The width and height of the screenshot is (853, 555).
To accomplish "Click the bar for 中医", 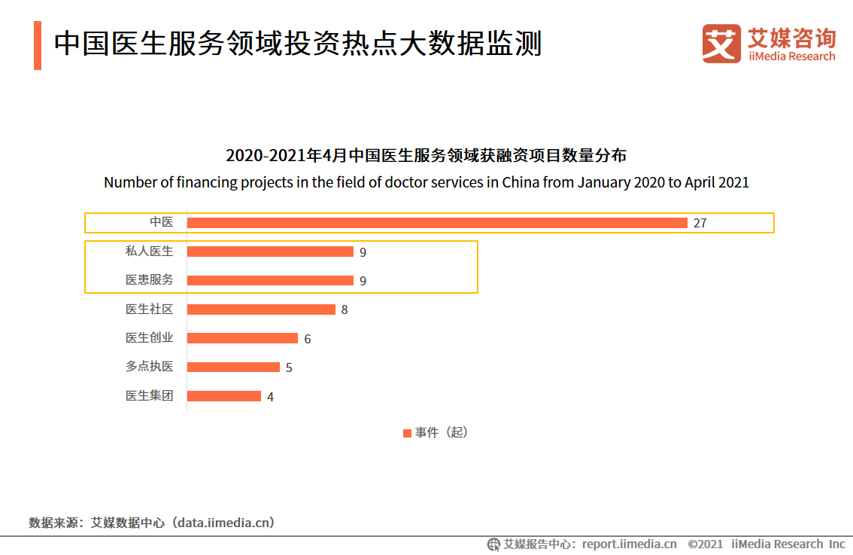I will tap(437, 223).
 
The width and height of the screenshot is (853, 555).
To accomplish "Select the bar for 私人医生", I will tap(270, 252).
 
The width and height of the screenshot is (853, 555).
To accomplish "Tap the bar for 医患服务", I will tap(270, 280).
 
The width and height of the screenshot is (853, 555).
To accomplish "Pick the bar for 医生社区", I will tap(261, 310).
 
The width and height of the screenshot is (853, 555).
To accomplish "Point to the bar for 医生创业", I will tap(242, 338).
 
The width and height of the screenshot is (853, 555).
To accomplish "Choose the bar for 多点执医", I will tap(233, 367).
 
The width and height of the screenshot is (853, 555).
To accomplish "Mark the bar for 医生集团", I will tap(224, 396).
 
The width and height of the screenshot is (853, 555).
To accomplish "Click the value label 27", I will tap(700, 224).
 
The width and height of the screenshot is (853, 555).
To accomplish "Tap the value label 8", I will tap(345, 310).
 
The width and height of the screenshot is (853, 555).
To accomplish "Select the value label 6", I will tap(308, 339).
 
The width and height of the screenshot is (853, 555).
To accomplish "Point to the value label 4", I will tap(271, 397).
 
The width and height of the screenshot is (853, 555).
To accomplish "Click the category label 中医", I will tap(161, 222).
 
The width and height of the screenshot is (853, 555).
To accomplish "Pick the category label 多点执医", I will tap(149, 367).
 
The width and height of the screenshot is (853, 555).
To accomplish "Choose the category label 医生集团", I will tap(149, 395).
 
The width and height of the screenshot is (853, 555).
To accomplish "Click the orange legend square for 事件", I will tap(407, 433).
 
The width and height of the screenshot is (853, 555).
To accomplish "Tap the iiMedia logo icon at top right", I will tap(721, 44).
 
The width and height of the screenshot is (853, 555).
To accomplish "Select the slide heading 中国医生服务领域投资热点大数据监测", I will tap(298, 44).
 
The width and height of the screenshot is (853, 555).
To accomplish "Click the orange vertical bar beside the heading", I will tap(38, 45).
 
